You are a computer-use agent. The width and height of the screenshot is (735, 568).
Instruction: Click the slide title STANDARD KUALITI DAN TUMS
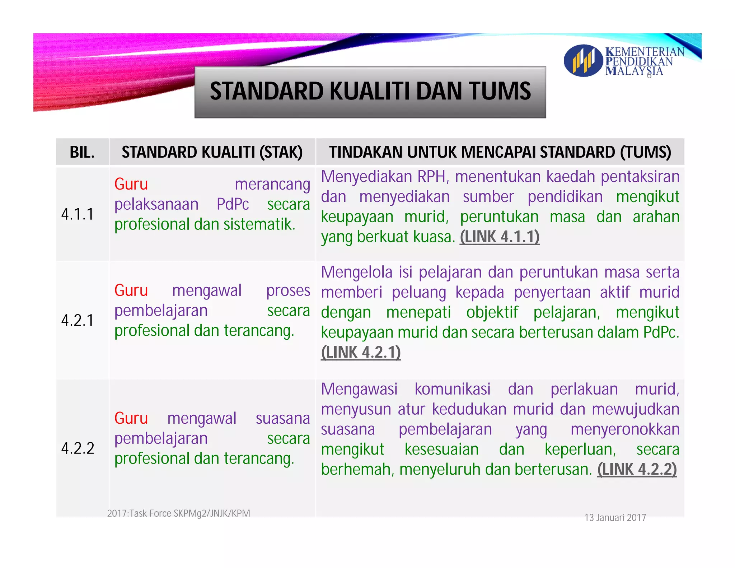click(370, 91)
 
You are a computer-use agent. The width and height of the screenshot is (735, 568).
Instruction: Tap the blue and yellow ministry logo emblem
click(583, 61)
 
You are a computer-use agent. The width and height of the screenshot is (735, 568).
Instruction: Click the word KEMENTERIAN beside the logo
click(645, 52)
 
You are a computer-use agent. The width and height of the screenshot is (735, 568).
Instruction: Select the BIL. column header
click(82, 152)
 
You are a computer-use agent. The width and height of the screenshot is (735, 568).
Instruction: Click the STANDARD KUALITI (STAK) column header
click(212, 152)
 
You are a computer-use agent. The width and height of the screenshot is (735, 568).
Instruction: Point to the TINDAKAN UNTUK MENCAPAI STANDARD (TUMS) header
click(500, 152)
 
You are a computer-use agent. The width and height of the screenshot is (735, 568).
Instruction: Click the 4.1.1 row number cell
click(78, 214)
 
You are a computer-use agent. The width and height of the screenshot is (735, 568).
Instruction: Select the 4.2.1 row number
click(78, 320)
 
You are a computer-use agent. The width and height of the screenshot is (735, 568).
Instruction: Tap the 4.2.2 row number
click(78, 448)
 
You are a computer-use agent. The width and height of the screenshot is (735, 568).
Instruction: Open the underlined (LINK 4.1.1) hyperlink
click(500, 237)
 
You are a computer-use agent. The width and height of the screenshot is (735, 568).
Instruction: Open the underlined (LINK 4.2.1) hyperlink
click(361, 353)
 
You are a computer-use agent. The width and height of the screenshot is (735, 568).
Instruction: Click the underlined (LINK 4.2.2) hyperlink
click(637, 469)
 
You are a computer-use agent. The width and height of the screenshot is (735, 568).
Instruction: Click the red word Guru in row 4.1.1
click(131, 185)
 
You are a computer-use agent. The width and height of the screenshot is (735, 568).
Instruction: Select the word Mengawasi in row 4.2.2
click(359, 389)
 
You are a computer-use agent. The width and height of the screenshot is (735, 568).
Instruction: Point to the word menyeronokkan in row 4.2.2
click(625, 429)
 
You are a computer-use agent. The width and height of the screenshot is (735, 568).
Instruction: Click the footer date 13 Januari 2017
click(615, 518)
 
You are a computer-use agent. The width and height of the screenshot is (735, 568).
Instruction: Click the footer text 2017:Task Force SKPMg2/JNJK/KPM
click(178, 513)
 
